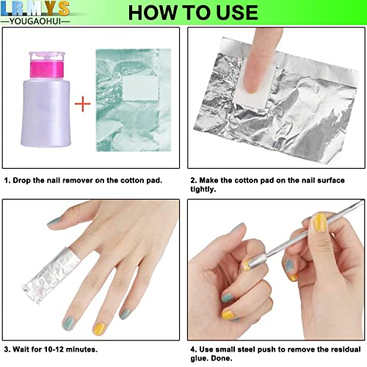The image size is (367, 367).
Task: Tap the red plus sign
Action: pos(83,103)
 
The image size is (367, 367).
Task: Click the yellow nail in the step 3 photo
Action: pos(100,329)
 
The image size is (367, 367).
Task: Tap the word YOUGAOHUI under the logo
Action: pos(35,21)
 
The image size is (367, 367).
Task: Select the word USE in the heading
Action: pos(237,12)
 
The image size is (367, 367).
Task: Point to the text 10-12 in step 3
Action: pos(54,349)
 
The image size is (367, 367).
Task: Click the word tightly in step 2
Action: pos(203,189)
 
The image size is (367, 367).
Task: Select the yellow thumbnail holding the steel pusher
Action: pos(320,222)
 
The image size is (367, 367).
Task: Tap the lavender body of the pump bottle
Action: pos(46,112)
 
